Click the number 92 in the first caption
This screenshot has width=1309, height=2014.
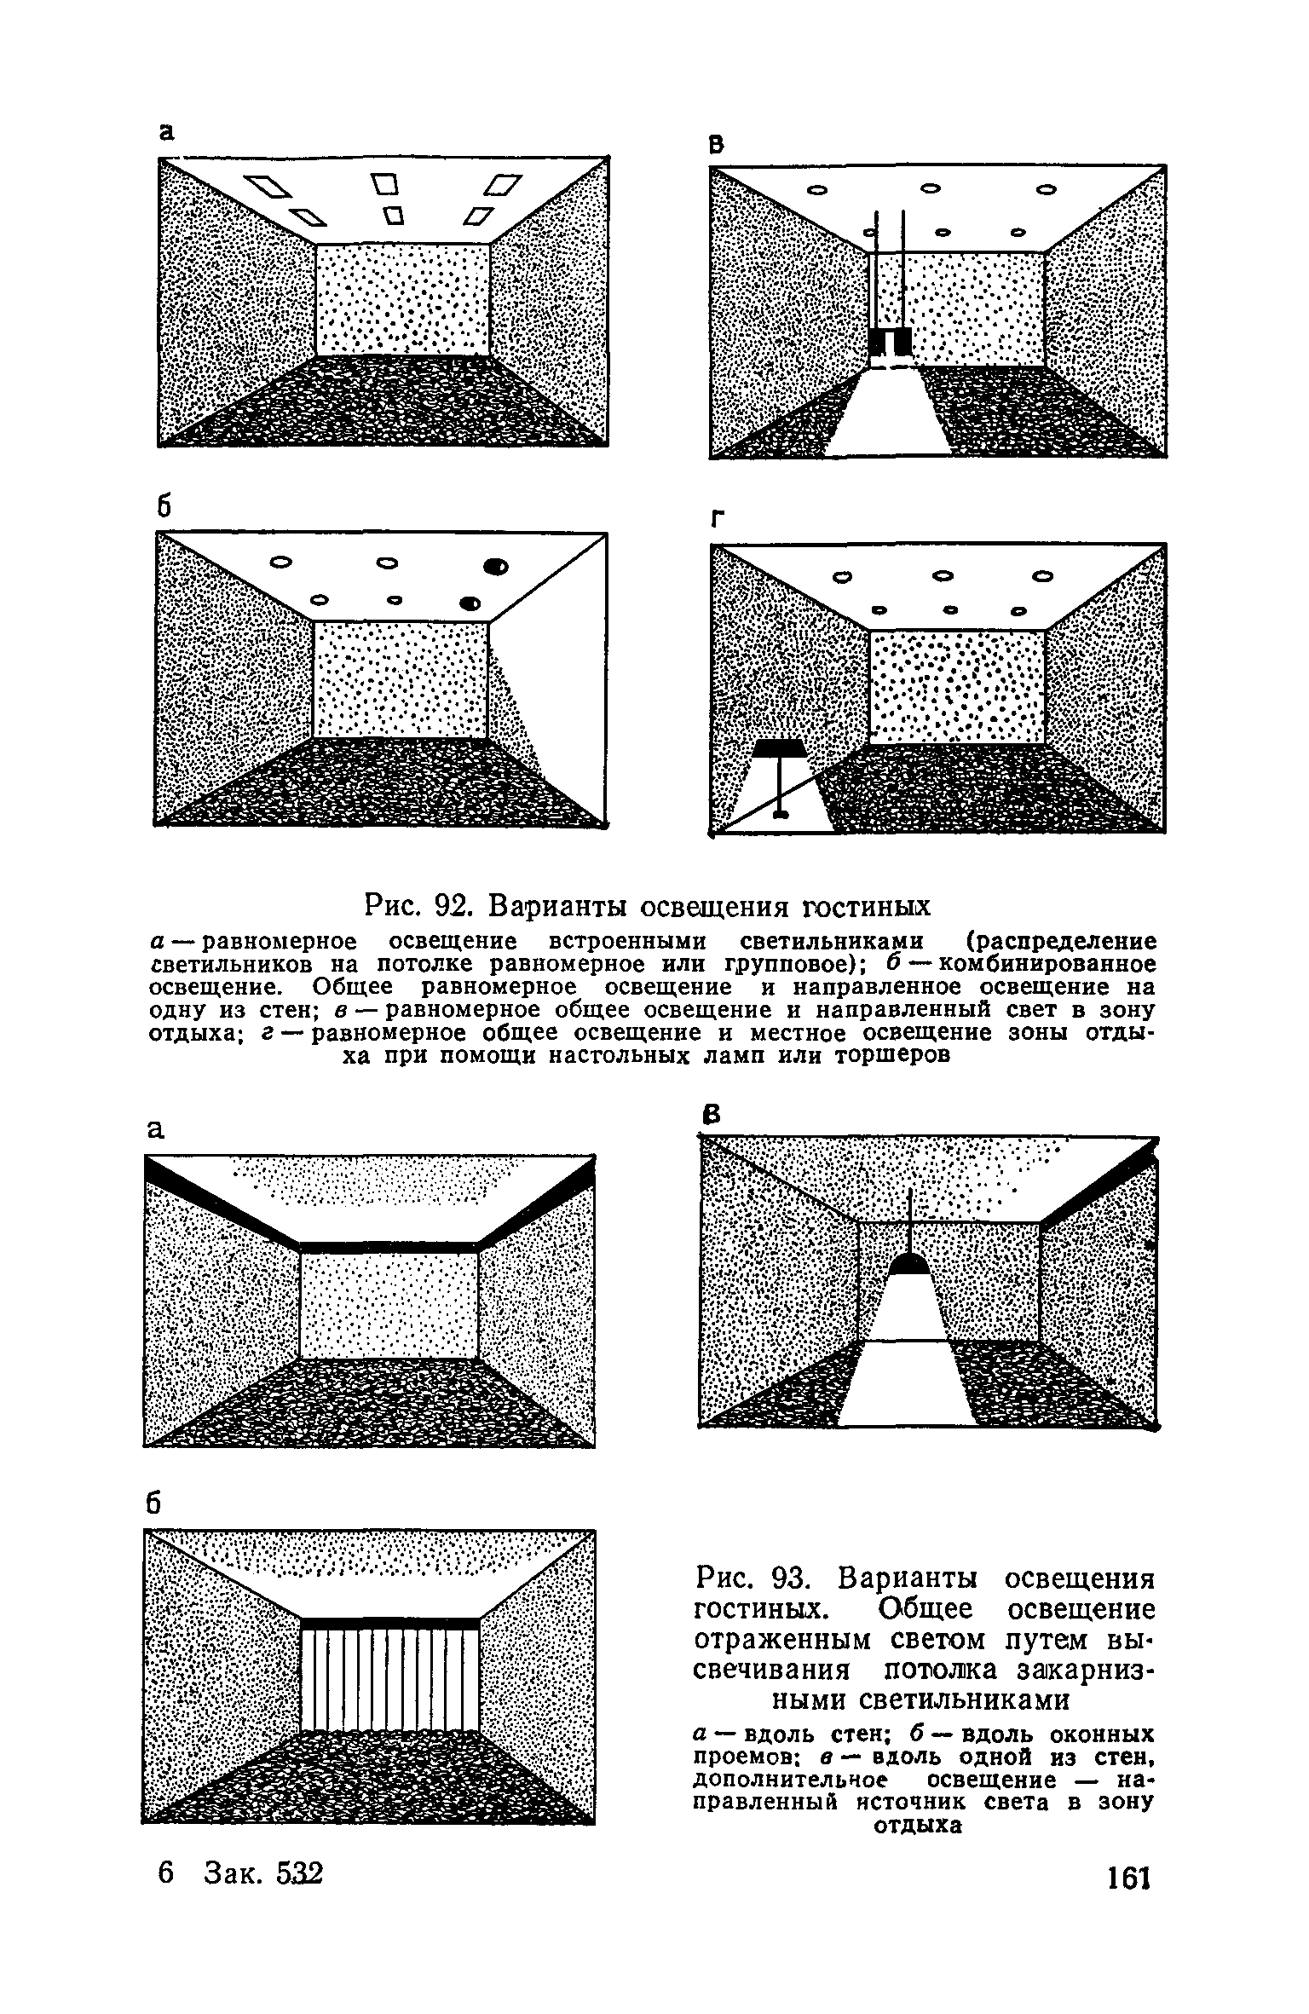coord(453,903)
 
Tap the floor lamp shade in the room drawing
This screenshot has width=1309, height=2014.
coord(780,749)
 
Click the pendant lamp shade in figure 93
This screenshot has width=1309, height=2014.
coord(911,1263)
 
